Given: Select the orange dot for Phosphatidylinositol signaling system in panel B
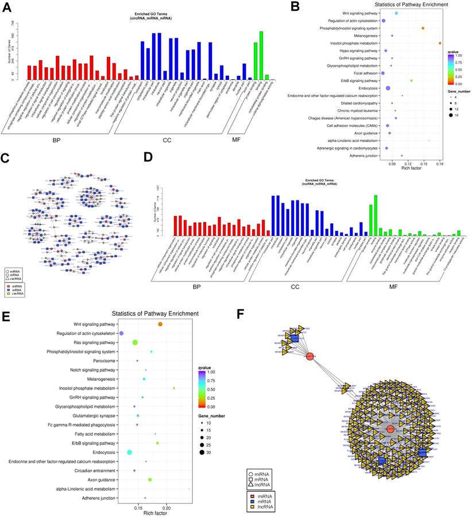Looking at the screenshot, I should coord(423,28).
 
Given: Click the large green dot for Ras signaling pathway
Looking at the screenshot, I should coord(135,342).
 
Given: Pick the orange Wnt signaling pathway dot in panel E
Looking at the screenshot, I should coord(160,325).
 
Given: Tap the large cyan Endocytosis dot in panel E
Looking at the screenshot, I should coord(130,453).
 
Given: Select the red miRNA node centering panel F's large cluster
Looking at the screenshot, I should coord(390,429).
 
